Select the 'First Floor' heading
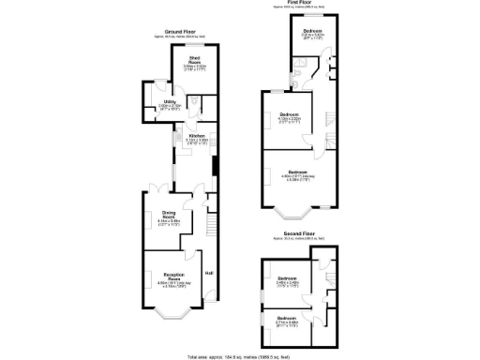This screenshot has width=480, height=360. pos(300,4)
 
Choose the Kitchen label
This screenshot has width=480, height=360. pos(197,138)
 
